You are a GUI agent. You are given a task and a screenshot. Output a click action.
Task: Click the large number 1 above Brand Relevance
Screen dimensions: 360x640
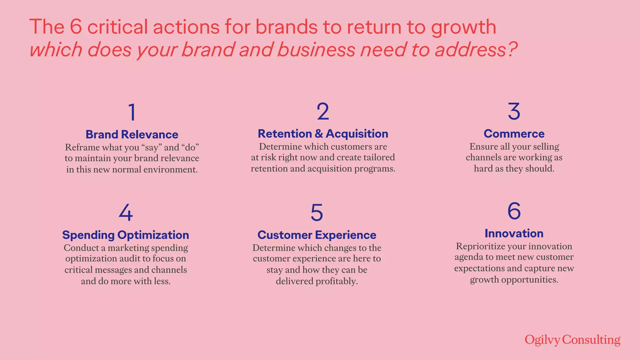[132, 112]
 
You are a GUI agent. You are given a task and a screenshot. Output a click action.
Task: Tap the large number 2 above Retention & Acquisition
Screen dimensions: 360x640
[323, 111]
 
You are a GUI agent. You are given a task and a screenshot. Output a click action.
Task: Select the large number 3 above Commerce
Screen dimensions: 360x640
[514, 111]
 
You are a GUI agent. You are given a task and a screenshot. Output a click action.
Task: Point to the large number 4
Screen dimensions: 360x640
[126, 212]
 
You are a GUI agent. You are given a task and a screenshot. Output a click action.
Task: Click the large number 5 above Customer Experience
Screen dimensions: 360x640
[317, 212]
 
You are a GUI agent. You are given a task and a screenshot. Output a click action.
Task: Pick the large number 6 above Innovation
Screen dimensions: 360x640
[514, 211]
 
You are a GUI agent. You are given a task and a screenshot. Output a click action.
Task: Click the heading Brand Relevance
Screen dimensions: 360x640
[132, 134]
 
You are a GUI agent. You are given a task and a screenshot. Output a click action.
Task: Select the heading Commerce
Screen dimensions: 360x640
[514, 134]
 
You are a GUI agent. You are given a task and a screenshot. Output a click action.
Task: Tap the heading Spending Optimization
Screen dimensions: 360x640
[126, 235]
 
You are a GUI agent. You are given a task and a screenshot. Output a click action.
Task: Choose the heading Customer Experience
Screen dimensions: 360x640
[317, 235]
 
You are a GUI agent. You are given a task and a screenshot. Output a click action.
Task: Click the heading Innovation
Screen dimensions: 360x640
[514, 233]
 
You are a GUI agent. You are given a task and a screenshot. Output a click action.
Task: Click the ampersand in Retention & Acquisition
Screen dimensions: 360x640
[319, 134]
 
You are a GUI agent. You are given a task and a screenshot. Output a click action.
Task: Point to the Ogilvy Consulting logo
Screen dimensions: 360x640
[572, 340]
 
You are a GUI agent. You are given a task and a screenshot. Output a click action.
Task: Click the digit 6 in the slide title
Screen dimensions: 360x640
[76, 27]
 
